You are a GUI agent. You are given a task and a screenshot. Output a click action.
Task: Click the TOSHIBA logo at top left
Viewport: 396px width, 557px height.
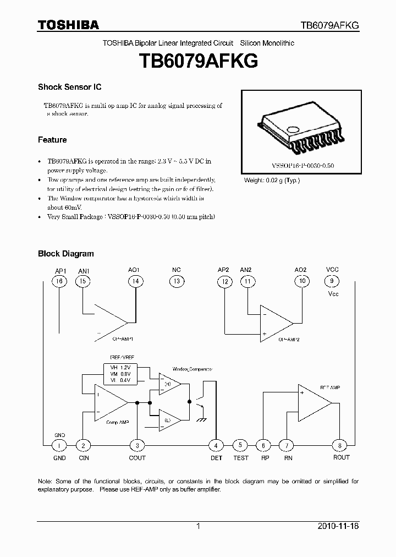tap(68, 25)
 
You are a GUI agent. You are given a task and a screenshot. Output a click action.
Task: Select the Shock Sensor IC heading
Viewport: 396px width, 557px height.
tap(69, 87)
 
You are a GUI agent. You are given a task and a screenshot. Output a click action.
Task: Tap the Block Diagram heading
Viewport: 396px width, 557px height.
tap(65, 254)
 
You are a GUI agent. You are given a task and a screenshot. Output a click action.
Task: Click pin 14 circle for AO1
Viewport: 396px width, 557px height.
tap(134, 281)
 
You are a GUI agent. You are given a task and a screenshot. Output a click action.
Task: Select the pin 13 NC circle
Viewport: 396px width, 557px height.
tap(176, 281)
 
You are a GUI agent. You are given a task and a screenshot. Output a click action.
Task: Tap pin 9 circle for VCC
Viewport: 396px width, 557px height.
tap(332, 281)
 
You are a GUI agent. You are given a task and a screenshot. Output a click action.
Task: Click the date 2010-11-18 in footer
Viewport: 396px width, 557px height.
tap(338, 526)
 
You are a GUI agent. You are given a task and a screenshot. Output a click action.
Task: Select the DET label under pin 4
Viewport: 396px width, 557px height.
tap(217, 458)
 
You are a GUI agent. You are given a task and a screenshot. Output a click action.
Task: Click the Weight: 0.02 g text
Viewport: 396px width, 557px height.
tap(272, 181)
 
